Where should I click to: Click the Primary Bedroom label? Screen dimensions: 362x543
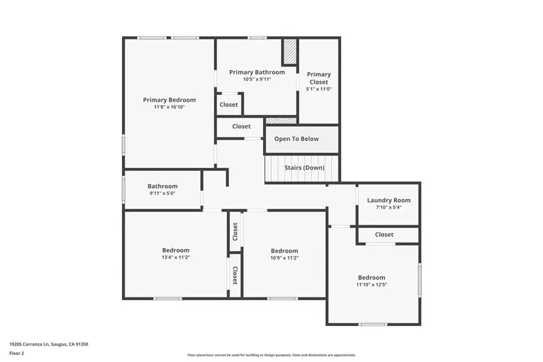(169, 100)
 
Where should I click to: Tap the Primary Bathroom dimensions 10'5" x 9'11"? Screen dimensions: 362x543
(256, 79)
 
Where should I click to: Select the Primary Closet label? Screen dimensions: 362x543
(319, 78)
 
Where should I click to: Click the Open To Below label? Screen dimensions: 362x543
(296, 139)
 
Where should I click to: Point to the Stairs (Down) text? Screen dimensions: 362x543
(304, 168)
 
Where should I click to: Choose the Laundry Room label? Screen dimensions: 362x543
(389, 200)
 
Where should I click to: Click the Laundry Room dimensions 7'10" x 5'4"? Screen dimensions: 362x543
(389, 208)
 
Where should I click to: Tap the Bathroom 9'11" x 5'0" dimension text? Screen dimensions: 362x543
(163, 194)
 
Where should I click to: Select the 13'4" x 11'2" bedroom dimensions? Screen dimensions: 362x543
(176, 258)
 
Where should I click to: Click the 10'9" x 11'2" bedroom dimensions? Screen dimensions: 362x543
(284, 258)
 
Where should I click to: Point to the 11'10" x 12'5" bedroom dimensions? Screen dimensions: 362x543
(371, 285)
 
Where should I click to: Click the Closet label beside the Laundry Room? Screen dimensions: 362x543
(384, 235)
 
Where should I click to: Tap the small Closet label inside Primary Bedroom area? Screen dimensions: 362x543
(229, 105)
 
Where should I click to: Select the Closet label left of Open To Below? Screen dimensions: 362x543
(241, 127)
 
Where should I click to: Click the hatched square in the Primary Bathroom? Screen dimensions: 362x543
(290, 52)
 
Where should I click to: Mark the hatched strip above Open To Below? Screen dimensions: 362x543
(281, 121)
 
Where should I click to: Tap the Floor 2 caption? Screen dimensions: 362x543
(16, 352)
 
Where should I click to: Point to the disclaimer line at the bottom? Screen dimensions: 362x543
(271, 355)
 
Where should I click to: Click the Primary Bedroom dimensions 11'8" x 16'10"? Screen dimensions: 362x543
(169, 107)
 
